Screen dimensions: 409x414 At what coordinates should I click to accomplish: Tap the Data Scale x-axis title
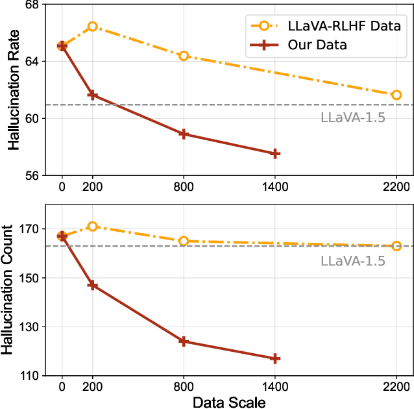point(229,402)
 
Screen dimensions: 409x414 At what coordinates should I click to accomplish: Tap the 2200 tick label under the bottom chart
point(396,386)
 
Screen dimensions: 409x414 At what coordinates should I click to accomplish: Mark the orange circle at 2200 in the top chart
point(396,95)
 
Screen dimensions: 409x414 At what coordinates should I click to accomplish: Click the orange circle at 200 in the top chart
point(92,27)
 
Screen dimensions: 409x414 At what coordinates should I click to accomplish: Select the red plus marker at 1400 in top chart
point(275,154)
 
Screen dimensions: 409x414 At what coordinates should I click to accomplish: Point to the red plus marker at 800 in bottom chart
point(184,341)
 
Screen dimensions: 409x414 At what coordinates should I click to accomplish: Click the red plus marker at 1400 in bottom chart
point(275,358)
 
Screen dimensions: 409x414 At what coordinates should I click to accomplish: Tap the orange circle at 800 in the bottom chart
point(184,241)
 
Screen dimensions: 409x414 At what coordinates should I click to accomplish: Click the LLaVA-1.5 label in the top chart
point(352,118)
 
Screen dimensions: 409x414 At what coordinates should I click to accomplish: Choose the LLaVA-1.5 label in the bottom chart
point(352,261)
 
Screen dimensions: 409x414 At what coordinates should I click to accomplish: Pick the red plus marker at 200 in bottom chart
point(92,285)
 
